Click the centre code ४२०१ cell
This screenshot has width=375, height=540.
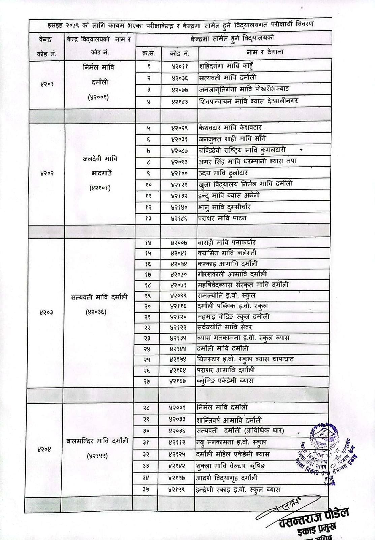click(x=47, y=83)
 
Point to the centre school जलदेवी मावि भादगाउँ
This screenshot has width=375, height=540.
click(x=100, y=173)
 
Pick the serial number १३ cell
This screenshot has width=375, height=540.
click(x=148, y=218)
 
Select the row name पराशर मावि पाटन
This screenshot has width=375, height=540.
click(x=222, y=218)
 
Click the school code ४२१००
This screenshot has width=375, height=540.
click(x=179, y=173)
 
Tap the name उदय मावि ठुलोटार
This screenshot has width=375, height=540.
click(x=223, y=173)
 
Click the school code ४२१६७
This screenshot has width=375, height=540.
click(x=178, y=381)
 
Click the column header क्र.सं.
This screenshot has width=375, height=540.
click(x=149, y=53)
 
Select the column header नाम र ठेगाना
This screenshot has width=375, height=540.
click(x=265, y=52)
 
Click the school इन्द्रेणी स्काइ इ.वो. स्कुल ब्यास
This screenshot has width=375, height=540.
click(x=238, y=489)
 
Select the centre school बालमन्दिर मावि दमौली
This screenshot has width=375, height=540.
click(x=97, y=441)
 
